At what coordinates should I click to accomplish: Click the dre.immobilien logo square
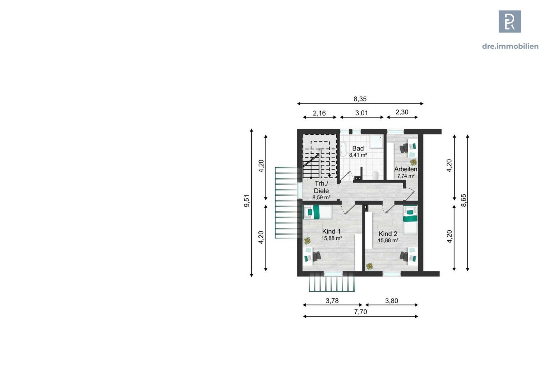[x=510, y=22]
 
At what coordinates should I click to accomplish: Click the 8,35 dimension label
[x=360, y=99]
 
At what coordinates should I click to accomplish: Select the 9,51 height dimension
[x=247, y=201]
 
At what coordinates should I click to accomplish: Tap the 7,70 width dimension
[x=360, y=312]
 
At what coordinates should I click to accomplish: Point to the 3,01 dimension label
[x=361, y=113]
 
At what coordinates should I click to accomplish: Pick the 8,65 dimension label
[x=463, y=200]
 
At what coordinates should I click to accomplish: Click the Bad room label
[x=358, y=148]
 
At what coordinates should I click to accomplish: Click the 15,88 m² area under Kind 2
[x=388, y=240]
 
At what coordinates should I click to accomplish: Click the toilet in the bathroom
[x=375, y=175]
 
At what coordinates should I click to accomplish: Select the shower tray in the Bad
[x=376, y=142]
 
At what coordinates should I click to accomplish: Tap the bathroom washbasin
[x=343, y=150]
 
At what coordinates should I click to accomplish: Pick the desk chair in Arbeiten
[x=404, y=148]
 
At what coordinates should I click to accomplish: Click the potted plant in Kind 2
[x=369, y=266]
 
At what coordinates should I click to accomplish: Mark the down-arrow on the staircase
[x=329, y=175]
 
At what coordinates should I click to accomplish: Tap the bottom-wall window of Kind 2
[x=392, y=274]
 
